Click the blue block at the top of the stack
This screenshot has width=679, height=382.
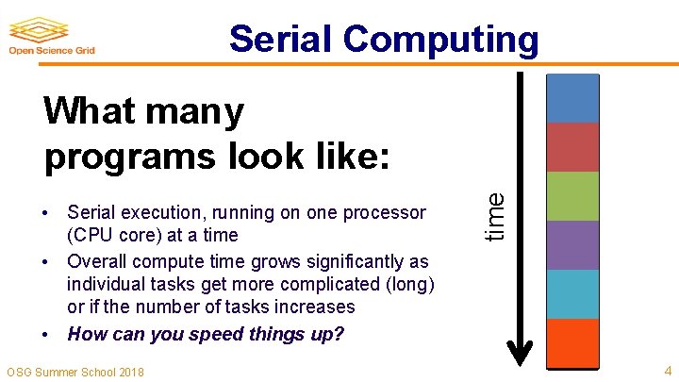coord(572,98)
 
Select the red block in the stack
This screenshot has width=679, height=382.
coord(572,147)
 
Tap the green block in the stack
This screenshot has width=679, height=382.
coord(572,196)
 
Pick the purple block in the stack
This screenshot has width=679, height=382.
coord(572,245)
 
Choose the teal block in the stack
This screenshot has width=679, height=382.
coord(572,294)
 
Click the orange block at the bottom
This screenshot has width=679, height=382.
coord(572,342)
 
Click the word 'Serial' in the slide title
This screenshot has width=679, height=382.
coord(280,40)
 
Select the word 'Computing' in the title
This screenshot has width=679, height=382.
coord(440,40)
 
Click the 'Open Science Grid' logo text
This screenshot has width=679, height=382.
coord(52,52)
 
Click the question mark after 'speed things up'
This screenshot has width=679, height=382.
coord(339,334)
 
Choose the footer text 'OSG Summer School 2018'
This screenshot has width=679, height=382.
coord(75,372)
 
